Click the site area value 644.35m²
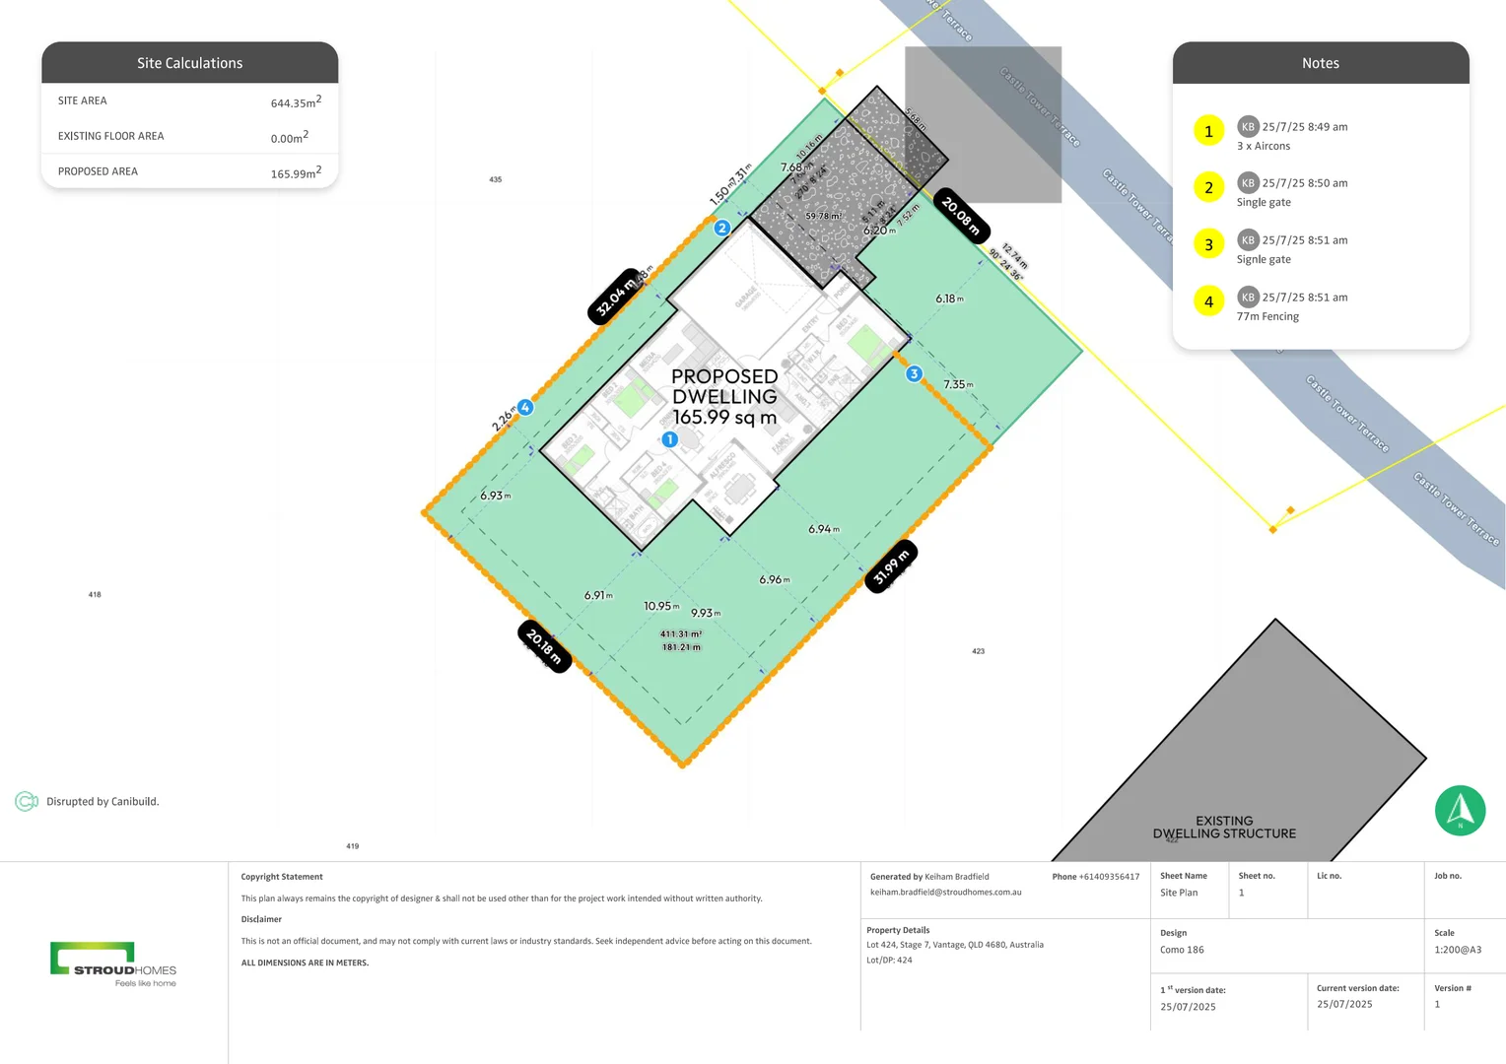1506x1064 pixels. point(296,101)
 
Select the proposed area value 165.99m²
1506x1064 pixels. point(296,172)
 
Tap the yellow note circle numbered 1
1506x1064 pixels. point(1208,131)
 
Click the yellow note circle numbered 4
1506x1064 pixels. point(1208,301)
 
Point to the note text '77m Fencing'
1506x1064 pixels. point(1267,316)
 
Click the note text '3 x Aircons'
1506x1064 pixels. point(1264,146)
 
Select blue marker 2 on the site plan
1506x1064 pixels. point(721,228)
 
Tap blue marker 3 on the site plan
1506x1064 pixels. point(914,373)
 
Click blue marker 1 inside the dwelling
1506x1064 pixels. point(669,439)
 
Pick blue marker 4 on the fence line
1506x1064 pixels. point(525,407)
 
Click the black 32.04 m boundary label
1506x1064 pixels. point(615,296)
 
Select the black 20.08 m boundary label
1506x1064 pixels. point(960,216)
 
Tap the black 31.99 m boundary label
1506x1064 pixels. point(890,565)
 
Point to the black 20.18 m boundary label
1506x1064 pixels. point(544,646)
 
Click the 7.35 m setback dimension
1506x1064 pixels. point(957,384)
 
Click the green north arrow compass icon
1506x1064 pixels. point(1460,810)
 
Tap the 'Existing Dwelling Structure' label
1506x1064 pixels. point(1224,827)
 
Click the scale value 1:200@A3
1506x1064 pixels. point(1457,950)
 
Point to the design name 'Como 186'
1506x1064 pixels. point(1182,950)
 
